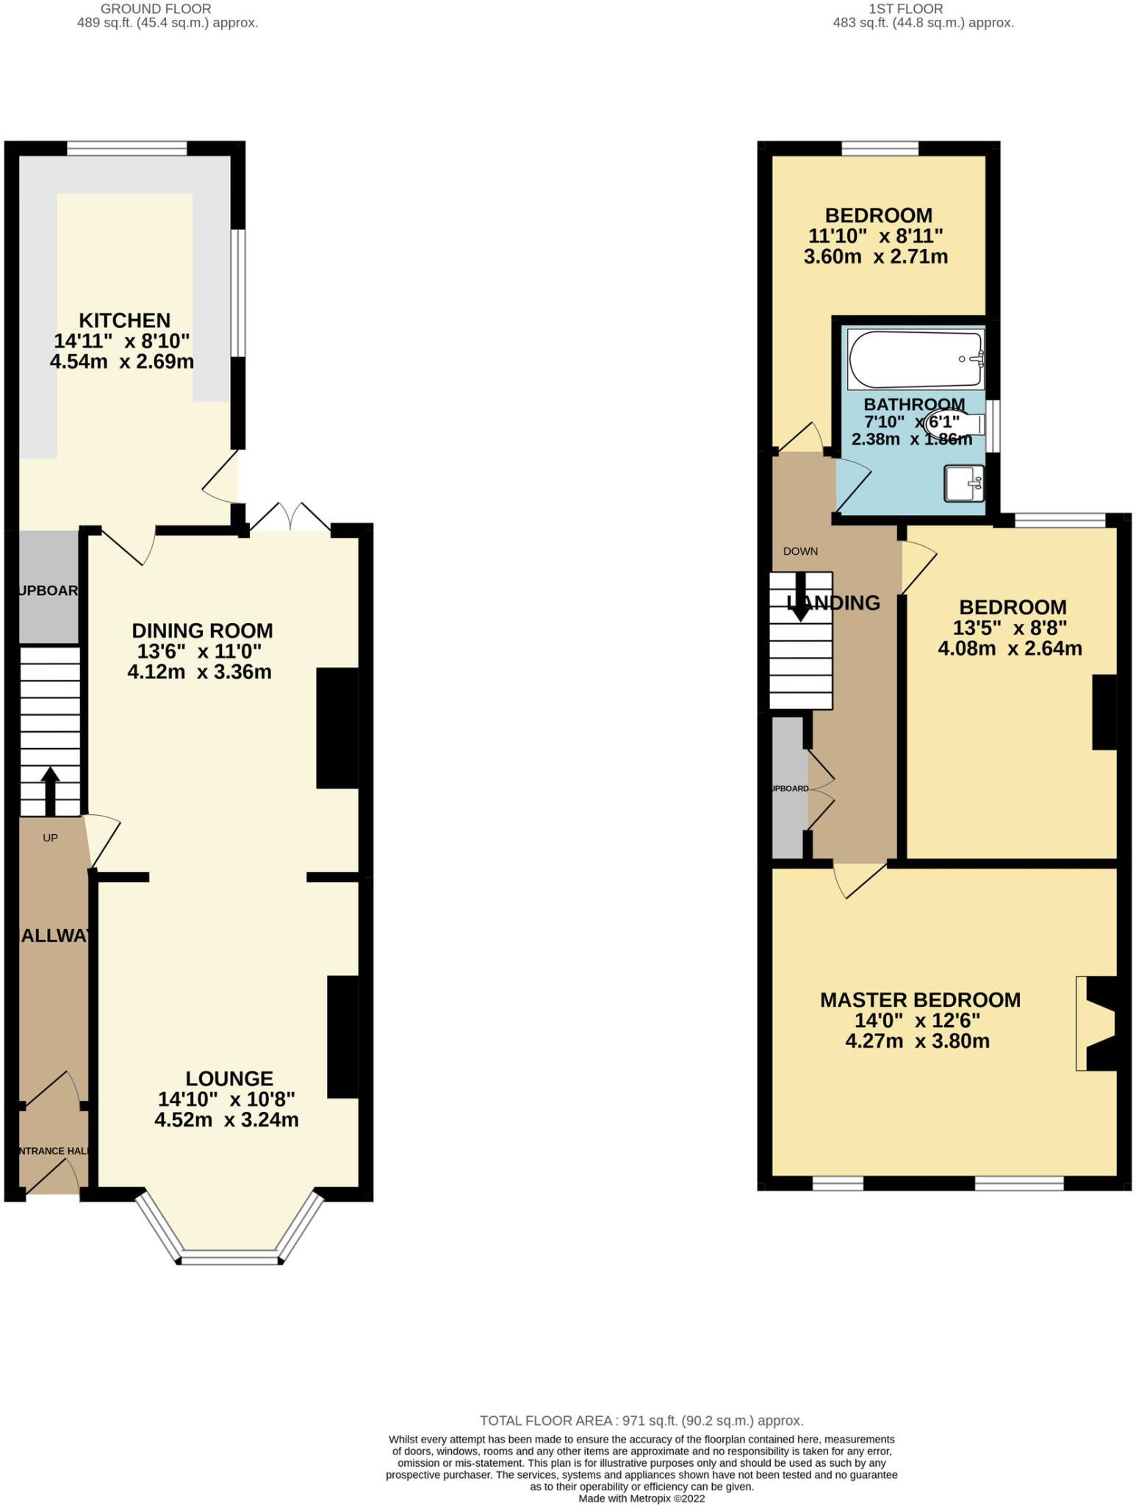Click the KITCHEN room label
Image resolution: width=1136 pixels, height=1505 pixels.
[x=124, y=320]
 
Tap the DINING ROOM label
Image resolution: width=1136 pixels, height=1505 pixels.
[x=202, y=631]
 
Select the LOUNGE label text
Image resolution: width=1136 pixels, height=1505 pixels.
[x=229, y=1078]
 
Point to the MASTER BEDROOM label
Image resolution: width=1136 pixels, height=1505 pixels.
[x=920, y=999]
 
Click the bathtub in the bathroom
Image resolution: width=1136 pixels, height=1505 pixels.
[x=915, y=359]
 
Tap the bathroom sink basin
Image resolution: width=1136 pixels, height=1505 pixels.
[x=963, y=483]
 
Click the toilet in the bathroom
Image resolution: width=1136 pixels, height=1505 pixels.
[x=959, y=424]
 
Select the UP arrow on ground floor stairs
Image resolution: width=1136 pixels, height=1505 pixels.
[x=50, y=791]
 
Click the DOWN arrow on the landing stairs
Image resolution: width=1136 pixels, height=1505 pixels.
[x=800, y=595]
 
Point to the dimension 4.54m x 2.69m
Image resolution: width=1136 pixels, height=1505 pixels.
[x=122, y=362]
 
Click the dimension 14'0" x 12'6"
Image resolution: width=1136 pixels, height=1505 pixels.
[x=917, y=1021]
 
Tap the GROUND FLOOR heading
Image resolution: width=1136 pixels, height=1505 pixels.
[x=156, y=9]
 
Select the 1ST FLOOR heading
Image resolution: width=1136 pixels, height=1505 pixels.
[x=905, y=9]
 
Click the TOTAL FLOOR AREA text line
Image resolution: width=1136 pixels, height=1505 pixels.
[x=641, y=1420]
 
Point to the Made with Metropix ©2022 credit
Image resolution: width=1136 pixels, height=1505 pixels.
[x=641, y=1498]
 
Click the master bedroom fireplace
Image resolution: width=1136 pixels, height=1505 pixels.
[x=1098, y=1023]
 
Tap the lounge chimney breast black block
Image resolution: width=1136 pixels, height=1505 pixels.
[x=342, y=1036]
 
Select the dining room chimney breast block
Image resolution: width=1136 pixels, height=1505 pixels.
[x=337, y=728]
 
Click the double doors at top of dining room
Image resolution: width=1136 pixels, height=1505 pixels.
[x=290, y=516]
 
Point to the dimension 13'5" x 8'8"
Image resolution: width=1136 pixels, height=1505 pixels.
[x=1010, y=628]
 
